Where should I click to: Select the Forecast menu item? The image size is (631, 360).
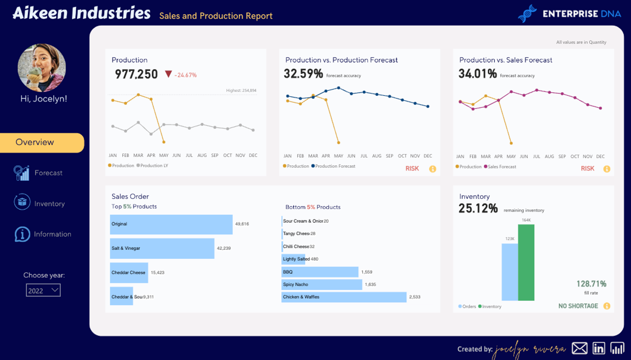pyautogui.click(x=48, y=173)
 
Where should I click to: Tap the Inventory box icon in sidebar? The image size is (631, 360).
pyautogui.click(x=22, y=202)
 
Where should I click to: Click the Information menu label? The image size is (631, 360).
pyautogui.click(x=52, y=234)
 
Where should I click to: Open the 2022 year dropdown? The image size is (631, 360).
pyautogui.click(x=43, y=290)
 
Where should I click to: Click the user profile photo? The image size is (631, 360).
pyautogui.click(x=42, y=68)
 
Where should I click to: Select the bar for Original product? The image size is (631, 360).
pyautogui.click(x=171, y=224)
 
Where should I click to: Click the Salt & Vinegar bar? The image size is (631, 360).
pyautogui.click(x=162, y=248)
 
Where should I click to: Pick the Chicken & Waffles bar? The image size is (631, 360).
pyautogui.click(x=344, y=297)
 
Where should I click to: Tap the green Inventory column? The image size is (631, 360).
pyautogui.click(x=526, y=262)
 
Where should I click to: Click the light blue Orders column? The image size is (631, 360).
pyautogui.click(x=510, y=272)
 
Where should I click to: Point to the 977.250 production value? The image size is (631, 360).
pyautogui.click(x=136, y=74)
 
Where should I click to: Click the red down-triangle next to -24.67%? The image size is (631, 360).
pyautogui.click(x=168, y=74)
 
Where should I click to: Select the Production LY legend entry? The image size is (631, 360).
pyautogui.click(x=154, y=166)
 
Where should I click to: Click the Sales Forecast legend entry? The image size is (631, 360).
pyautogui.click(x=501, y=167)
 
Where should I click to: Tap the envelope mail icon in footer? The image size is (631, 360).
pyautogui.click(x=580, y=348)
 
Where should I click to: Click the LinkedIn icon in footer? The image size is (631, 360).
pyautogui.click(x=599, y=348)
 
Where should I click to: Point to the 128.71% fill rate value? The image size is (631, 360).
pyautogui.click(x=591, y=284)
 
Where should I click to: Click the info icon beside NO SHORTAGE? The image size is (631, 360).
pyautogui.click(x=606, y=306)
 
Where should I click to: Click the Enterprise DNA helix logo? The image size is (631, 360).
pyautogui.click(x=527, y=14)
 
